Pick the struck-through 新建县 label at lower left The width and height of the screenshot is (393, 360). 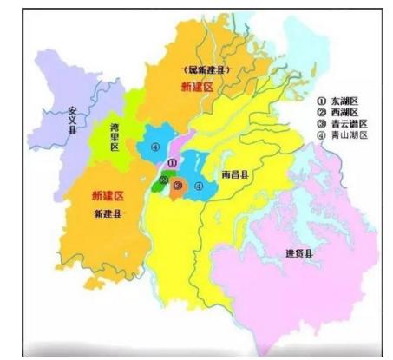tap(108, 213)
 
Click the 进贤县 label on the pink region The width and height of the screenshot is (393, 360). tap(299, 253)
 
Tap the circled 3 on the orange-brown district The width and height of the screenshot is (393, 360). tap(177, 186)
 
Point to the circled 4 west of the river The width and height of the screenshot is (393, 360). tap(155, 147)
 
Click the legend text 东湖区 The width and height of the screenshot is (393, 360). tap(345, 101)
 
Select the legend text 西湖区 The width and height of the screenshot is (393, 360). tap(345, 113)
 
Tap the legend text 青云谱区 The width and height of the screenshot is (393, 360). tap(349, 124)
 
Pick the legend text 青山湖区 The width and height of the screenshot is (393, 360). tap(349, 136)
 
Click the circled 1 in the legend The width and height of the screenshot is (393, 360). tap(322, 101)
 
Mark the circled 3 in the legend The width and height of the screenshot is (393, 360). tap(322, 124)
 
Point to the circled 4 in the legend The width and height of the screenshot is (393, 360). tap(322, 136)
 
